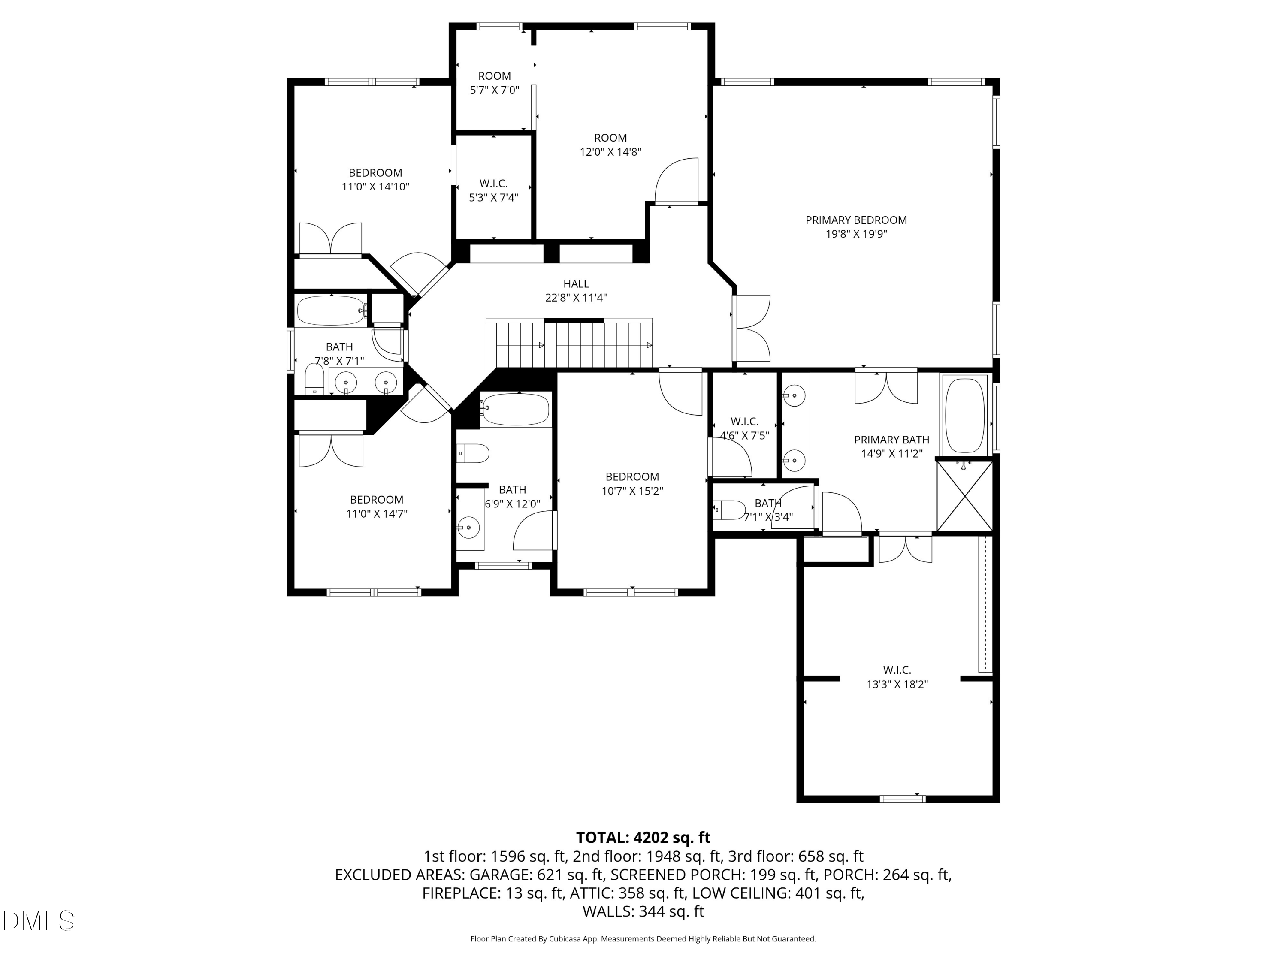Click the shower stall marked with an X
click(x=964, y=496)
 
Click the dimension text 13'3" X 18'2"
click(x=897, y=685)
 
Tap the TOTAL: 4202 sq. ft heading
click(x=643, y=838)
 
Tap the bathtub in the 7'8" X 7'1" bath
click(x=330, y=311)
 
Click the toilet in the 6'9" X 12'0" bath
click(x=473, y=454)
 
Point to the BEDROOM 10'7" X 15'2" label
click(x=632, y=483)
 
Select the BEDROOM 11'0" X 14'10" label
click(x=375, y=180)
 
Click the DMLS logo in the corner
click(x=39, y=921)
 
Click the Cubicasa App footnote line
click(x=643, y=939)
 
